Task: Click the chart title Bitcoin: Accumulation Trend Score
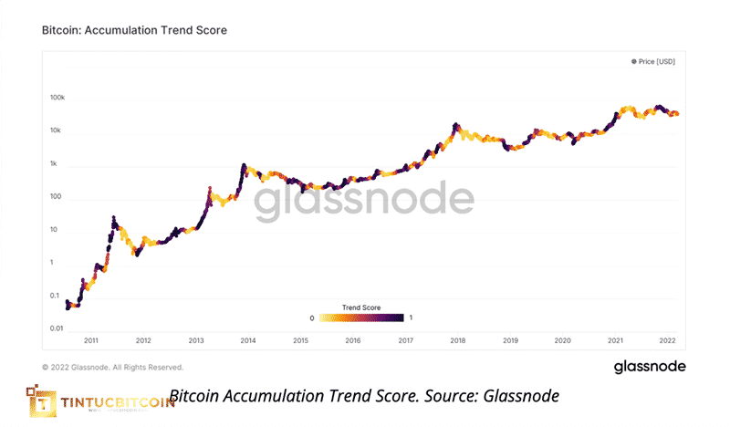134,30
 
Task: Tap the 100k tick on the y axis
57,98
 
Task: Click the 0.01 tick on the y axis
56,328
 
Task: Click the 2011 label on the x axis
91,339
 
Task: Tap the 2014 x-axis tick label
248,339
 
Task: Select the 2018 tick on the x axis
458,339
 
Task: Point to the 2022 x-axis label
668,339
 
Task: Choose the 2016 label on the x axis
353,339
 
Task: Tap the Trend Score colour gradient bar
360,318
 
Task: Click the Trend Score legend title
360,307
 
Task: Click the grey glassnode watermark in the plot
363,204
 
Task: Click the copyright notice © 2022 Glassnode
112,367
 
